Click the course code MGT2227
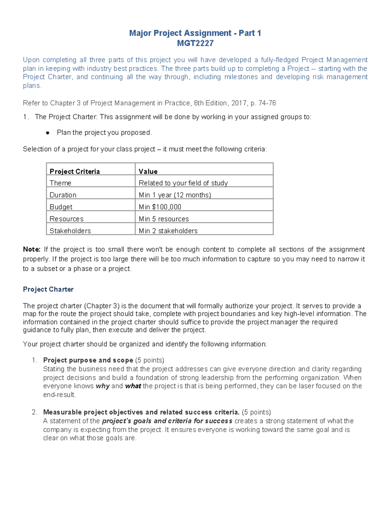tap(195, 43)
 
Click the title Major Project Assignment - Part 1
tap(195, 33)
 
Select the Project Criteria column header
tap(75, 171)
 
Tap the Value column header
tap(148, 171)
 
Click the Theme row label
tap(60, 183)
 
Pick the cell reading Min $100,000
tap(160, 207)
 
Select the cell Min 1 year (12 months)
tap(175, 195)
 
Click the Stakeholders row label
tap(70, 231)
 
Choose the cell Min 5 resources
tap(164, 219)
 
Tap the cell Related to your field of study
tap(183, 183)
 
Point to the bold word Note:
tap(32, 250)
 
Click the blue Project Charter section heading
tap(48, 289)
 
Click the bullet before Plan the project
tap(48, 133)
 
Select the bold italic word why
tap(102, 386)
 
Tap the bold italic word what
tap(133, 386)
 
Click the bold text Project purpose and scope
tap(88, 360)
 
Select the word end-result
tap(59, 395)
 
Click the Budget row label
tap(61, 207)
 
